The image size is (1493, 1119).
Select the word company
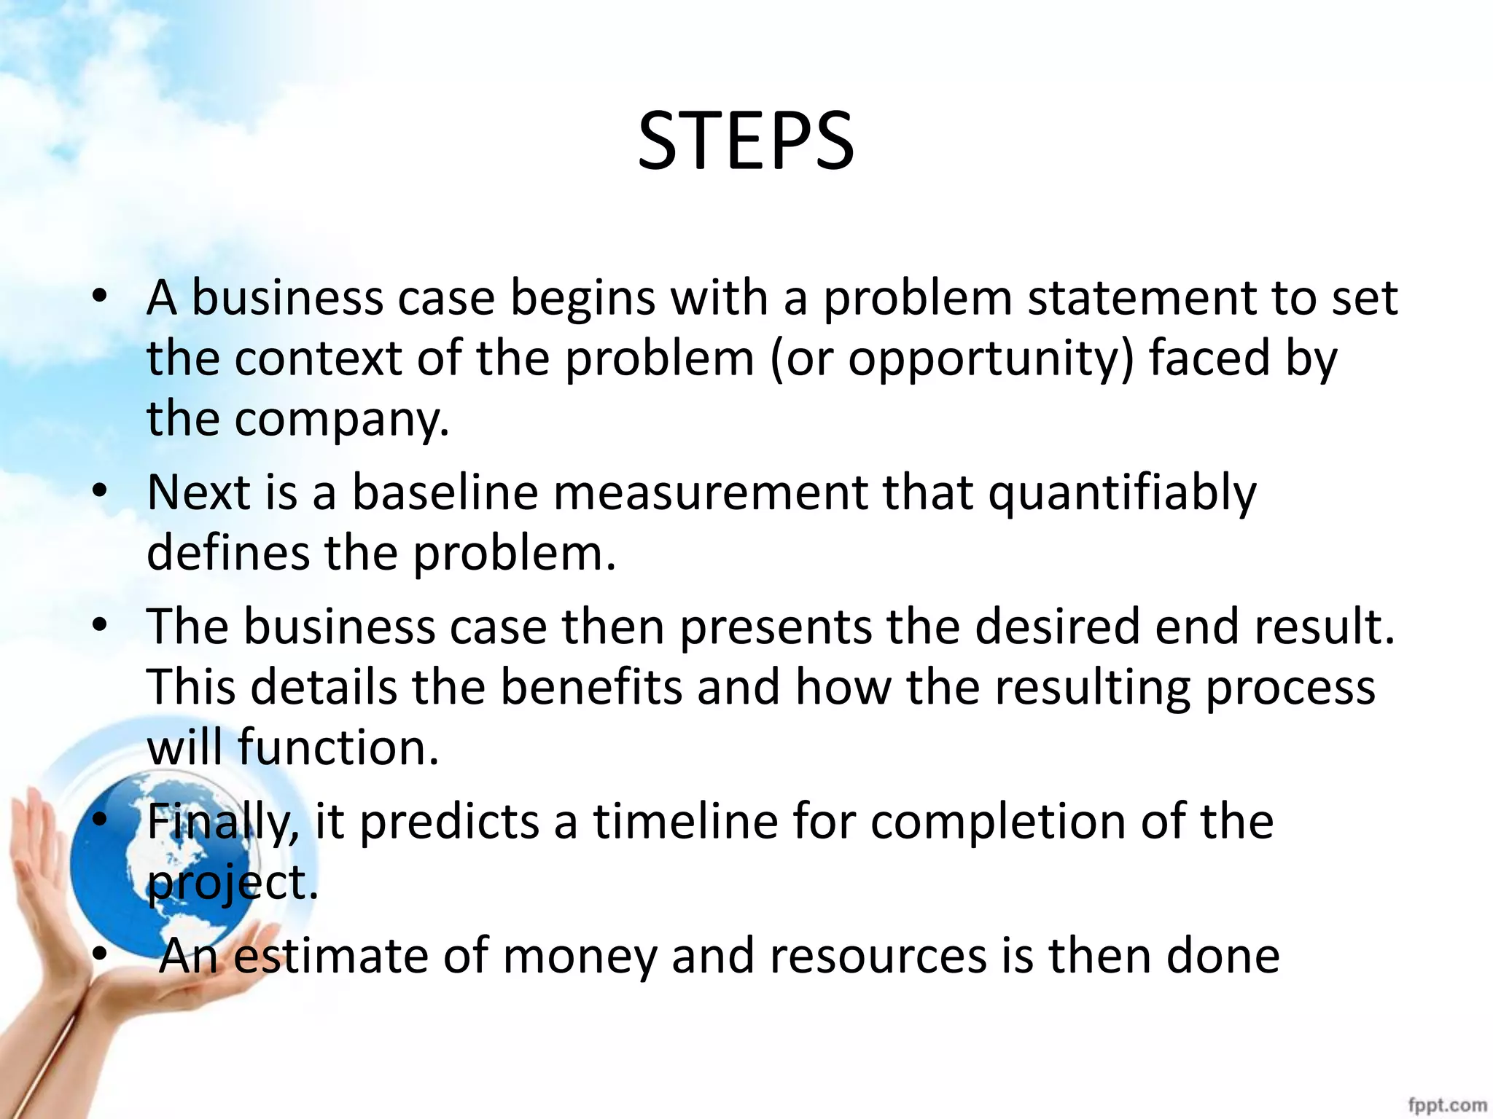click(x=341, y=420)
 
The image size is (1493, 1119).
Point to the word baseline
click(x=445, y=492)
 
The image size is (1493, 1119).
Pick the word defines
click(x=228, y=553)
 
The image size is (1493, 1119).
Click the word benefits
click(x=591, y=687)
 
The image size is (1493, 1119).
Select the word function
click(x=338, y=748)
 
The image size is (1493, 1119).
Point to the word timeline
click(x=685, y=821)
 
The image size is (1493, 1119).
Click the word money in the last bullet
click(x=580, y=957)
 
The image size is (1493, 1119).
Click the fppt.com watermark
click(x=1447, y=1104)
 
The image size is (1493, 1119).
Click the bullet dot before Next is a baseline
click(x=100, y=490)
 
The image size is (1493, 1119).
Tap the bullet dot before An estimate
click(x=100, y=954)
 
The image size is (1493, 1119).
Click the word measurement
click(x=710, y=492)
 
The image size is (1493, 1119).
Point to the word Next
click(x=198, y=492)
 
